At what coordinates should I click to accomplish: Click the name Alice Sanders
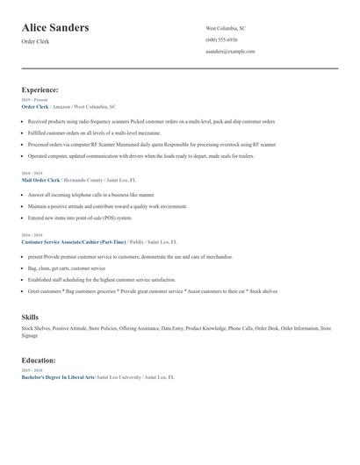pos(55,28)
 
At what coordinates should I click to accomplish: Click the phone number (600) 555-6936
pos(221,39)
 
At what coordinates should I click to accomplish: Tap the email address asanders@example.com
pos(230,51)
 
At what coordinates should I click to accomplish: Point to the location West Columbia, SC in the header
pos(226,28)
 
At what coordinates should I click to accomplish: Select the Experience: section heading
pos(40,89)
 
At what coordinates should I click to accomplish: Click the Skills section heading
pos(30,316)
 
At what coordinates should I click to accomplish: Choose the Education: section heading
pos(39,360)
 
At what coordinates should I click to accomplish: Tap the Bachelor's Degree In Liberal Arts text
pos(57,376)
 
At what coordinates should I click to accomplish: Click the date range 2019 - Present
pos(35,100)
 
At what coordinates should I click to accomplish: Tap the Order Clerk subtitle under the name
pos(37,42)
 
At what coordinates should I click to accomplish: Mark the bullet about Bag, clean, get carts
pos(66,268)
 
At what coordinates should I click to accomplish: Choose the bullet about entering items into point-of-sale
pos(80,218)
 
